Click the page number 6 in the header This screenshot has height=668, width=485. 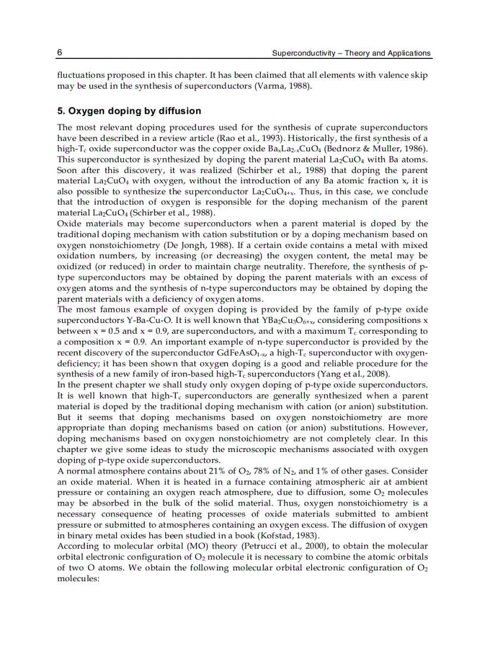point(60,53)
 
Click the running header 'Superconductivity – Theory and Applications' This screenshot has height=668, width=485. point(351,54)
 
